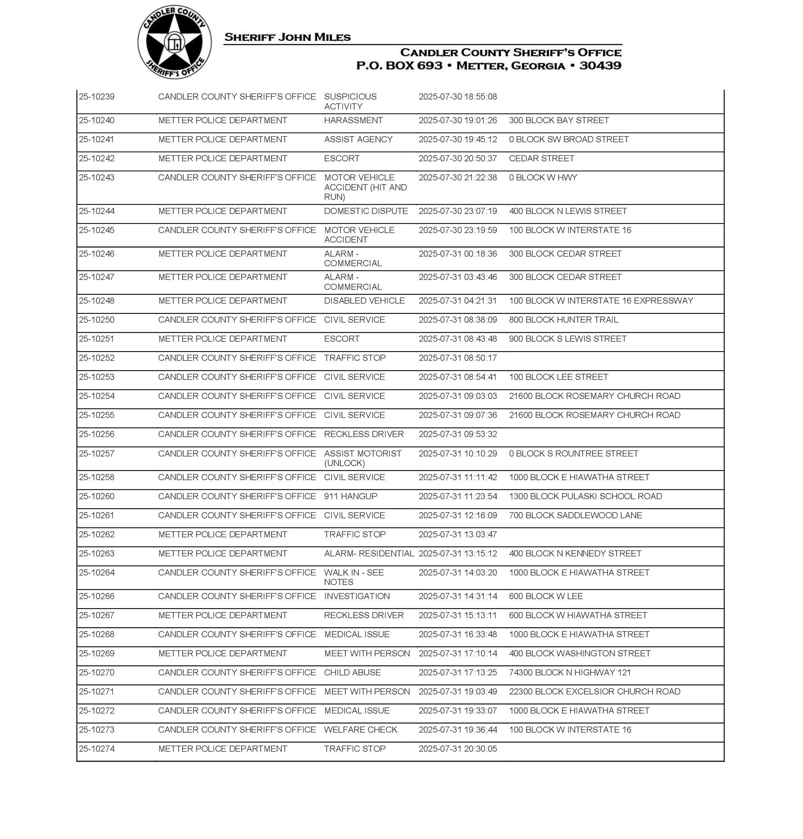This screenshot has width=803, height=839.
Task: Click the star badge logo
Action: point(174,42)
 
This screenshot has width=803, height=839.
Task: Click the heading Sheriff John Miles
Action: point(287,37)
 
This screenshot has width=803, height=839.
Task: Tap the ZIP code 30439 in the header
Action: point(600,66)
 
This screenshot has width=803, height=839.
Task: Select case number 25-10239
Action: point(97,97)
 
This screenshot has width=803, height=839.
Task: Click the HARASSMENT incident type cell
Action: point(353,120)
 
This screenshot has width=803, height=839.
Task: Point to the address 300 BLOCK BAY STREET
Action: point(558,120)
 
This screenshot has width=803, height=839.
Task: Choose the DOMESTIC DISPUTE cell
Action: point(365,211)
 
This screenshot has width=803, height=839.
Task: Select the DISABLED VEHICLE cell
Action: point(364,301)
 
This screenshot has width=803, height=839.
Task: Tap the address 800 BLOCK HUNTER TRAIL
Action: point(563,320)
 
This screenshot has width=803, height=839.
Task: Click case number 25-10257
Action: point(97,453)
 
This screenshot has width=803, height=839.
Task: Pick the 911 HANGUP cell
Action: point(350,496)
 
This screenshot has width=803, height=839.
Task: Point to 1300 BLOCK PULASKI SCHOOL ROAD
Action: point(585,496)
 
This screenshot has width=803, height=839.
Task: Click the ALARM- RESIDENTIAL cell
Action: point(369,554)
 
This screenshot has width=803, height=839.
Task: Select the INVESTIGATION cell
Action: point(357,596)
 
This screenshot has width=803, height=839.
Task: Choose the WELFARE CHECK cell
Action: point(360,730)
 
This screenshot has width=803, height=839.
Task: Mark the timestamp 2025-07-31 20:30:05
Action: point(457,749)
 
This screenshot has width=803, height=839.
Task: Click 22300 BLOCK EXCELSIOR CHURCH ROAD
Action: point(594,692)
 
